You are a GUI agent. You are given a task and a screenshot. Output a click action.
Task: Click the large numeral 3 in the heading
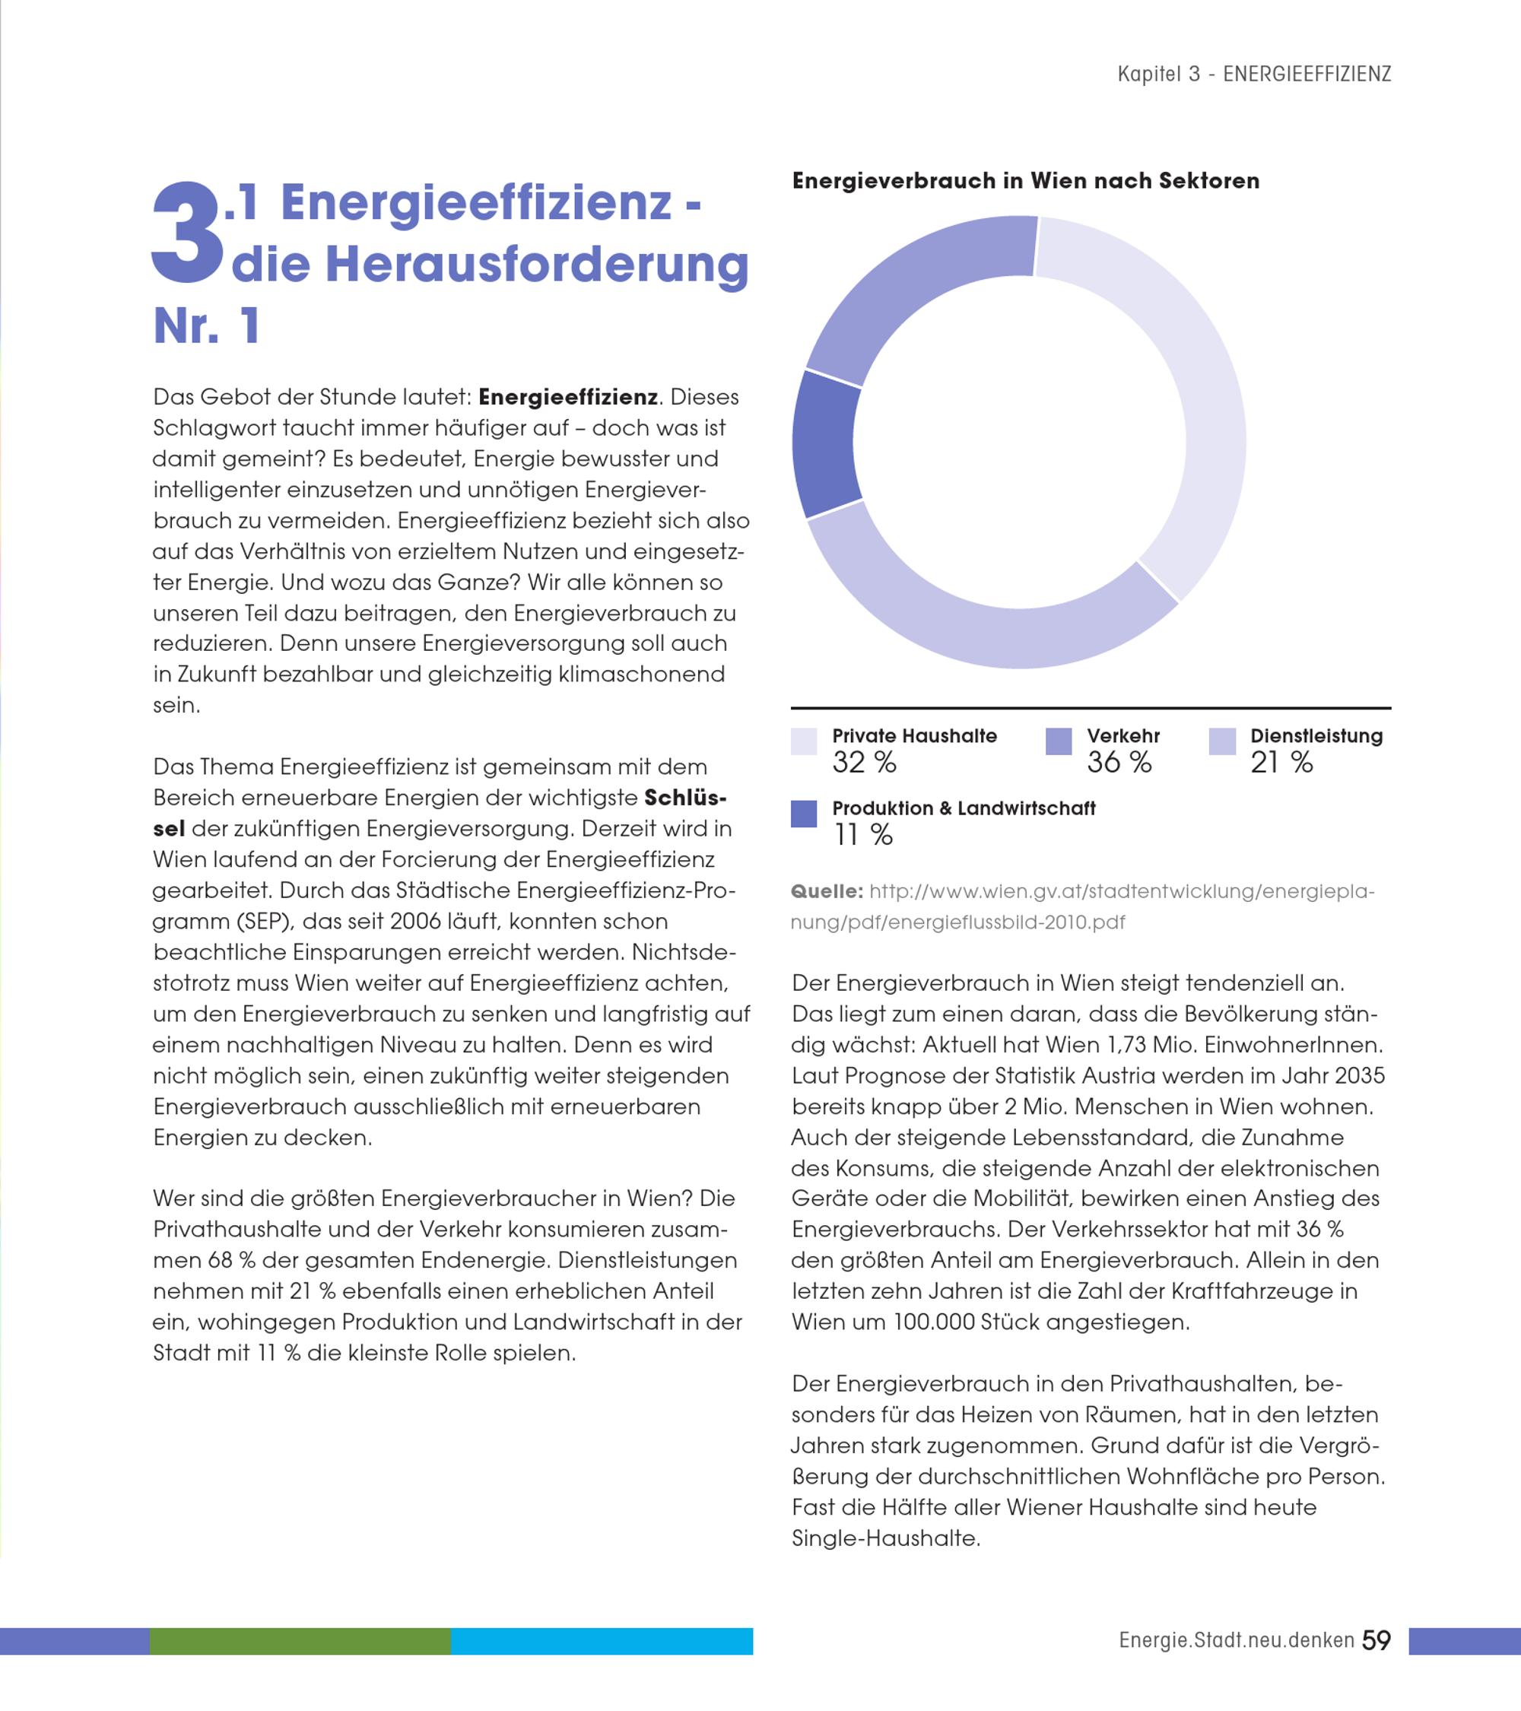[x=189, y=232]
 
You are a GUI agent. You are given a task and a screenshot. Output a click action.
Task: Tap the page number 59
[x=1377, y=1640]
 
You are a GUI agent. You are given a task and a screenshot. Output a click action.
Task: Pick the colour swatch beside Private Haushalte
[x=804, y=741]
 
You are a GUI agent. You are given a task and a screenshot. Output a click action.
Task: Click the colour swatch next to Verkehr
[x=1059, y=741]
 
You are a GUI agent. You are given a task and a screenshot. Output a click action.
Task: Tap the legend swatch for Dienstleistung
[x=1222, y=741]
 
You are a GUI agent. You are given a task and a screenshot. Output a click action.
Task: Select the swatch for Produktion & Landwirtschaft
[x=804, y=814]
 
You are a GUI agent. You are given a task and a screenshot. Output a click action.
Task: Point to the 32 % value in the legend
[x=864, y=763]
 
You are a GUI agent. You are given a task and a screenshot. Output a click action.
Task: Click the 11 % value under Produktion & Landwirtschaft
[x=863, y=834]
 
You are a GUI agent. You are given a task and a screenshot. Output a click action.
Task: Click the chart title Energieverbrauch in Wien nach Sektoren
[x=1025, y=181]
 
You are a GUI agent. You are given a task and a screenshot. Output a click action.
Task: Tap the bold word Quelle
[x=826, y=891]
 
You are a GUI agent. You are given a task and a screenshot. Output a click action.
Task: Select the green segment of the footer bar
[x=300, y=1641]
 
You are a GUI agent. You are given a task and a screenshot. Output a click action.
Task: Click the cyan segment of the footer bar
[x=602, y=1641]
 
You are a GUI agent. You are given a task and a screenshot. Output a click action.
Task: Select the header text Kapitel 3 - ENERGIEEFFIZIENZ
[x=1254, y=75]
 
